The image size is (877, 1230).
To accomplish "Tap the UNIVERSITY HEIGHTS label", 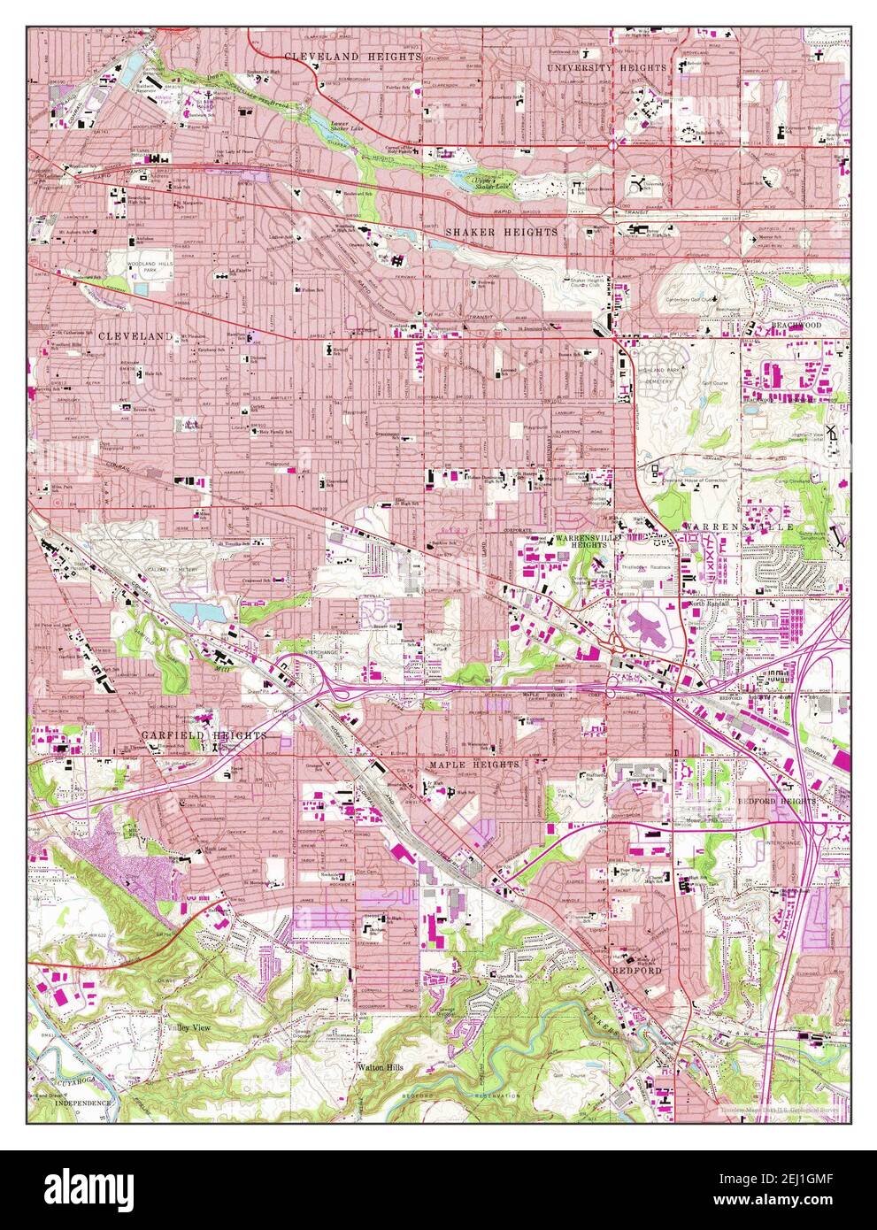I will [606, 68].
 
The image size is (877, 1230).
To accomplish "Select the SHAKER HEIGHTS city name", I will [502, 232].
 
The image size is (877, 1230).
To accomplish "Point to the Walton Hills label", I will [381, 1068].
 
